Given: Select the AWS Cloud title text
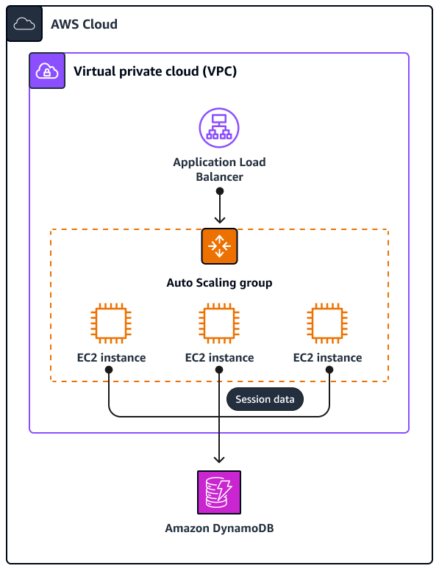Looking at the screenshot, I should click(x=84, y=24).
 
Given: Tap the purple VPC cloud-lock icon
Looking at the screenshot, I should click(x=47, y=71).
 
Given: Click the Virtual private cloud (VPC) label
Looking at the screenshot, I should click(x=154, y=71).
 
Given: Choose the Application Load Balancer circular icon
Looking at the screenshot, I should click(x=219, y=128).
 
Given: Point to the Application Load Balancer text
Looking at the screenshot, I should click(x=219, y=169).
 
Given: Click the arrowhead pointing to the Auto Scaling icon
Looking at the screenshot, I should click(x=219, y=218).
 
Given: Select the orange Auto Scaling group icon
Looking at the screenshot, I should click(x=219, y=246).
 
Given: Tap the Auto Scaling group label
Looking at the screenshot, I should click(x=219, y=282).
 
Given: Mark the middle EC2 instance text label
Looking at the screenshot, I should click(x=219, y=358).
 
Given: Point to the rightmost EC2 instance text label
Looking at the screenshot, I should click(x=327, y=358).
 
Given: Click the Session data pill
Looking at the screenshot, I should click(x=265, y=400).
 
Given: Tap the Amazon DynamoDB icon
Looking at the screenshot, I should click(x=219, y=492).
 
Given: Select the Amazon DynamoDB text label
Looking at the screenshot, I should click(x=219, y=528).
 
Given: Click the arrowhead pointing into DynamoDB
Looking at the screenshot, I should click(x=219, y=458).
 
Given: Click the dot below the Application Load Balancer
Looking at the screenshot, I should click(x=219, y=191).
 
